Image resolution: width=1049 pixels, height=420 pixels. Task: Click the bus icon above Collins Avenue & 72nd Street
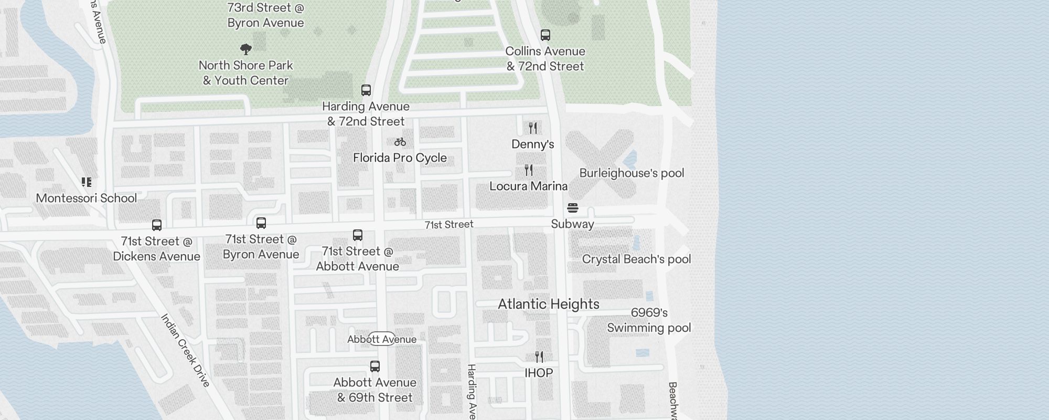click(x=545, y=35)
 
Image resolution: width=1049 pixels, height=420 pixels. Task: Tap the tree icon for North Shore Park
click(x=245, y=50)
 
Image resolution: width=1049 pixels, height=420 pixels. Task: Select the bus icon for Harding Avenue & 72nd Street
click(x=366, y=90)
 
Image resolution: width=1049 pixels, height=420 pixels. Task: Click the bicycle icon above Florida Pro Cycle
click(x=400, y=142)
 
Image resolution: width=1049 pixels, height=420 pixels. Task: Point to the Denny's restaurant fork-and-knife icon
click(x=533, y=128)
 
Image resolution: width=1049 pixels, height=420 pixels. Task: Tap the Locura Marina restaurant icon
click(x=529, y=170)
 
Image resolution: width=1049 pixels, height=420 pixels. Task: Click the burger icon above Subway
click(x=573, y=208)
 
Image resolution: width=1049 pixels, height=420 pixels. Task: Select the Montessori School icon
click(x=87, y=182)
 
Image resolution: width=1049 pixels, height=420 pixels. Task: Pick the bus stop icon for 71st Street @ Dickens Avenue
click(x=157, y=225)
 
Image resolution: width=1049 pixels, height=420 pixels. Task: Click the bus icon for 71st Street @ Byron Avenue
click(x=261, y=223)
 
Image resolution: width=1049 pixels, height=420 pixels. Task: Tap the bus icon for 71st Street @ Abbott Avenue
click(x=358, y=235)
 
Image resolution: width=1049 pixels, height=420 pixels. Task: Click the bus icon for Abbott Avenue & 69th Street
click(x=375, y=366)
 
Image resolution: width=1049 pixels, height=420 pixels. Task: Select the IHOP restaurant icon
click(x=539, y=357)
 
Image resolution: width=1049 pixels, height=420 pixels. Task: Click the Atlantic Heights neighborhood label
click(x=548, y=304)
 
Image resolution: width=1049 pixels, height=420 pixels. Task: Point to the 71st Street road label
click(x=449, y=225)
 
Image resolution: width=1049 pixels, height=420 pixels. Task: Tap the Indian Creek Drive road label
click(x=185, y=350)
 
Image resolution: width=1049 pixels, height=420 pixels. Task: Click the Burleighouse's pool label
click(x=631, y=173)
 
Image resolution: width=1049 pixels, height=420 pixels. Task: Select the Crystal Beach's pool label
click(x=636, y=259)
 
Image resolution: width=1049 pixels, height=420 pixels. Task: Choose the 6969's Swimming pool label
click(x=649, y=320)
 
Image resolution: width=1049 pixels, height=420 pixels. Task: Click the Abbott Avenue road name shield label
click(x=382, y=339)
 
